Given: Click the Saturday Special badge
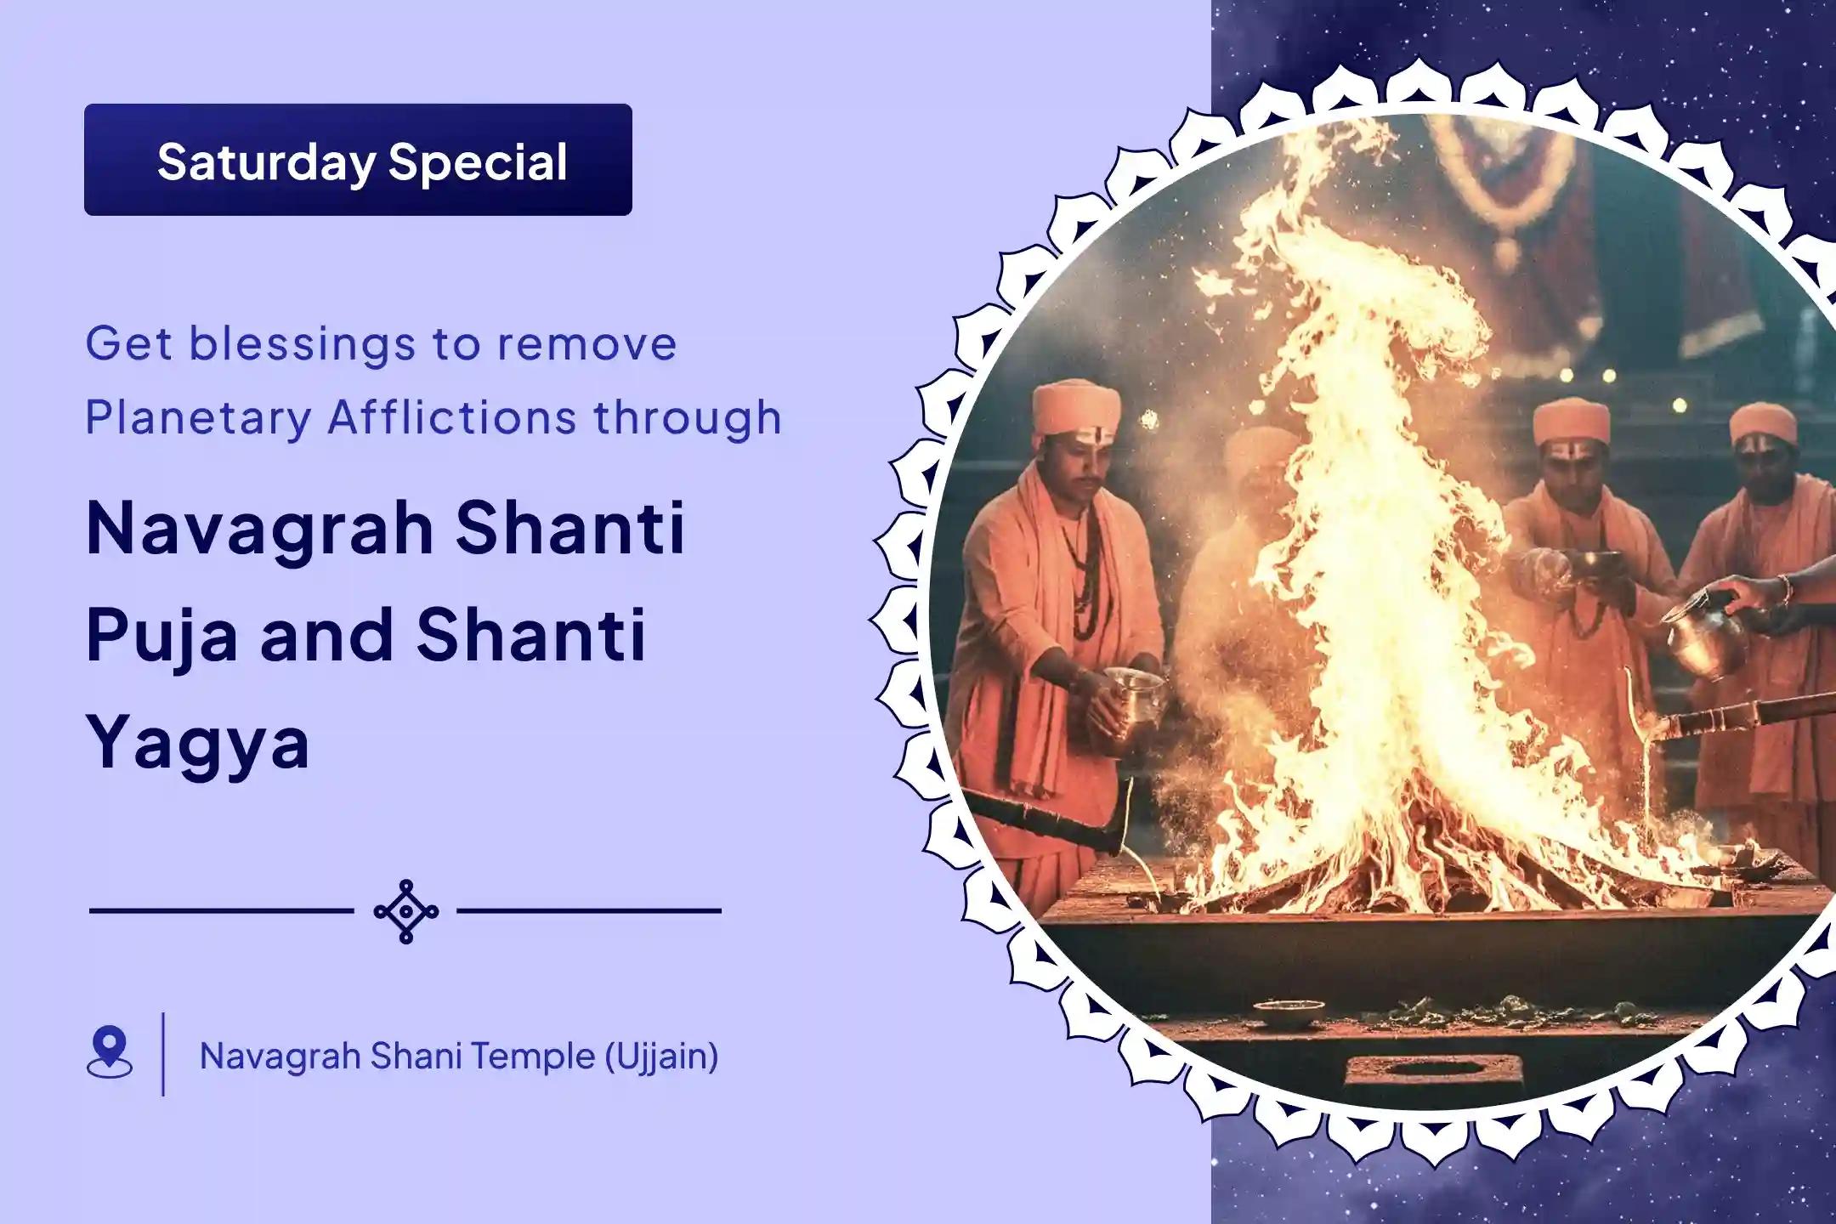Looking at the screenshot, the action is [358, 160].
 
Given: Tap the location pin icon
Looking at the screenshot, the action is [110, 1052].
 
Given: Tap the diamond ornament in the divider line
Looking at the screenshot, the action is [406, 911].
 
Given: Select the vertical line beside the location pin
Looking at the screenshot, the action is [163, 1054].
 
